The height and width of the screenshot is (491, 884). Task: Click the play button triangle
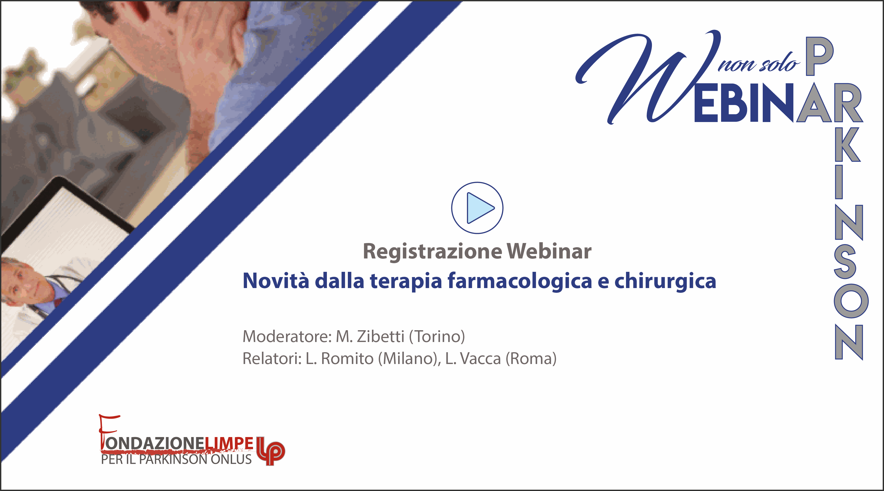click(480, 208)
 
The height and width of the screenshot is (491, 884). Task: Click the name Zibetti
click(380, 336)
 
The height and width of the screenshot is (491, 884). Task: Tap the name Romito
click(347, 358)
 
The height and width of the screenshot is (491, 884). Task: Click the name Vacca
click(480, 358)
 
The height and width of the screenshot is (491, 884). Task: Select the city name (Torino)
click(437, 336)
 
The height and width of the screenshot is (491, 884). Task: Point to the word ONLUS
click(231, 459)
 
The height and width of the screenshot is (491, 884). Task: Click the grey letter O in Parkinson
click(851, 301)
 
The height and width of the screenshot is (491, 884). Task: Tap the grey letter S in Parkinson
click(849, 261)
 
